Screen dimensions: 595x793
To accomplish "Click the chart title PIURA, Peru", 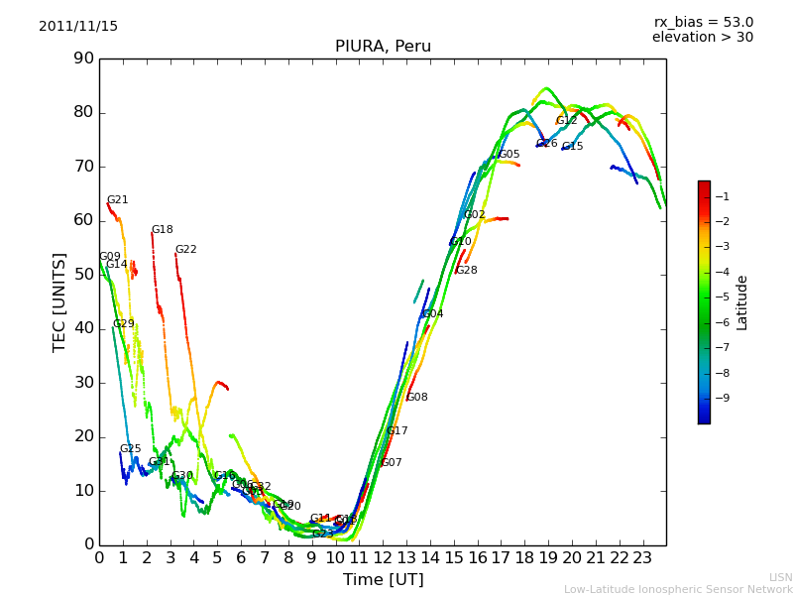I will coord(383,47).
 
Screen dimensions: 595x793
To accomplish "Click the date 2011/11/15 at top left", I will coord(78,27).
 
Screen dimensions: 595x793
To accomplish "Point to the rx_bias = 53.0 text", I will coord(703,23).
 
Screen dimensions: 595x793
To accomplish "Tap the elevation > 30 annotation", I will coord(702,38).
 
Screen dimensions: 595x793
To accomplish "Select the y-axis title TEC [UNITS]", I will coord(59,301).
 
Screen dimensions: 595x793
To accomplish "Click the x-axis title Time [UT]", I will coord(383,579).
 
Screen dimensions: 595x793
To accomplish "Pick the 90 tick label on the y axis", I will coord(83,59).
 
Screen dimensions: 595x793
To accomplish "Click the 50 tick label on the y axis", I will coord(83,275).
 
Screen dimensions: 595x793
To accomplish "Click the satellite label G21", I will coord(117,200).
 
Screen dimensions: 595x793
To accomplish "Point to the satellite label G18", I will coord(162,230).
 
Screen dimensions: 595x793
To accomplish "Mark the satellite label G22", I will coord(185,250).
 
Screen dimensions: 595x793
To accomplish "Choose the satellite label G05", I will coord(509,155).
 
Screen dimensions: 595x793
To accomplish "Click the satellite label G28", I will coord(466,271).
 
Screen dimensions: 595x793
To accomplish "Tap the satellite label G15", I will coord(572,147).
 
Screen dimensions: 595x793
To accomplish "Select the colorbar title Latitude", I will coord(742,302).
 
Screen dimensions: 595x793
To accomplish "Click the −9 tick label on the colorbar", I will coord(722,399).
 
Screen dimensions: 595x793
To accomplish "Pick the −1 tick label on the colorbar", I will coord(722,196).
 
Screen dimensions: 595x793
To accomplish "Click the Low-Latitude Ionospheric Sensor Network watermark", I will coord(678,589).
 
